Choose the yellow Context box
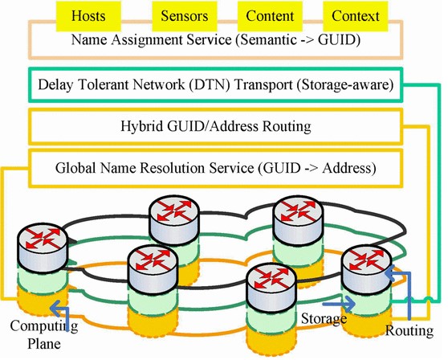click(356, 16)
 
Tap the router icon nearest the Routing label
click(365, 260)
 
